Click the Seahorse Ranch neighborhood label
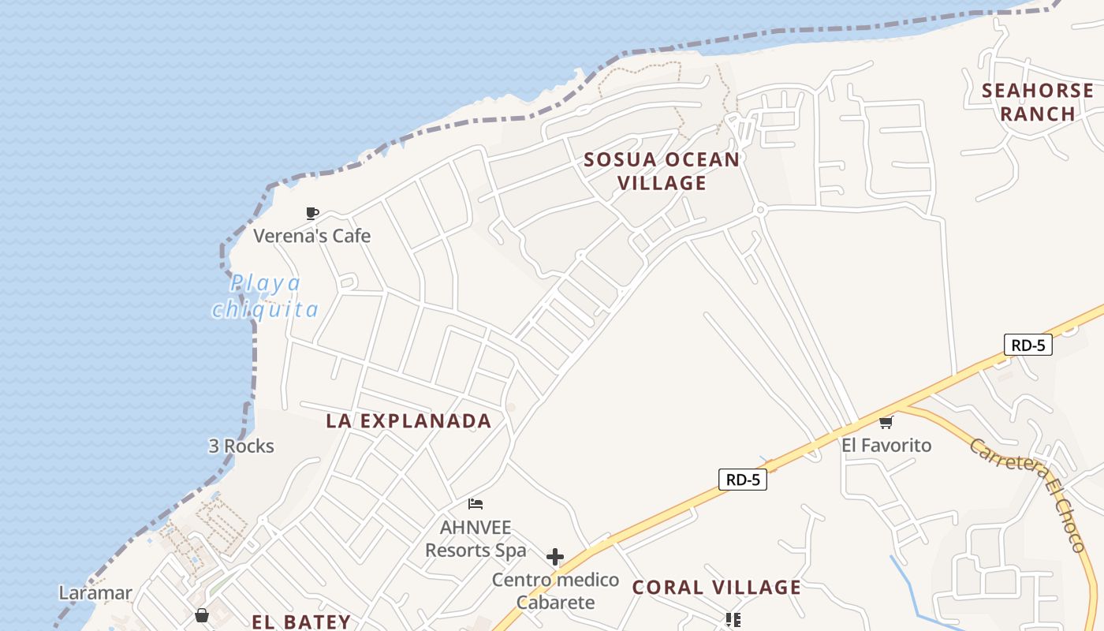point(1037,103)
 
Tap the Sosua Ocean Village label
point(662,171)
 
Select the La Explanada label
point(408,420)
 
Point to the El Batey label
point(301,622)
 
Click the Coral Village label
point(717,587)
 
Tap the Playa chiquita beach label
point(265,296)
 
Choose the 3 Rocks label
point(241,446)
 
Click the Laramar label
point(95,592)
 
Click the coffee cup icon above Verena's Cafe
point(312,213)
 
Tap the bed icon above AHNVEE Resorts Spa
point(475,504)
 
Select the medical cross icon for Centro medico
point(555,557)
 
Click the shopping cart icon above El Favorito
point(886,423)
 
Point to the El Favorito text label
point(886,446)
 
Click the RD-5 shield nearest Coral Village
point(742,479)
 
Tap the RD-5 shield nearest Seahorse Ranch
point(1028,344)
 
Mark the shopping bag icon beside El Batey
point(201,615)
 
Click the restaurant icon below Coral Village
point(733,620)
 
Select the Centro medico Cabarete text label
point(555,592)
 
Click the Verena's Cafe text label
point(311,236)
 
